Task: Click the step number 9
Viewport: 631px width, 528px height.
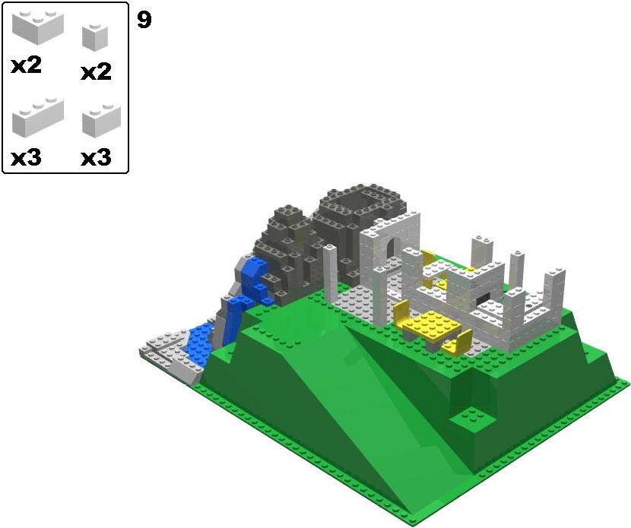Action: (144, 20)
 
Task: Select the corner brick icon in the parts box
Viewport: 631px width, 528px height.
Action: (38, 27)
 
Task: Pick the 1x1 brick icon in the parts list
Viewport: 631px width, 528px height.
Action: (95, 37)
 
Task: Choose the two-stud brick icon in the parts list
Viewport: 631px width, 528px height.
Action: (101, 119)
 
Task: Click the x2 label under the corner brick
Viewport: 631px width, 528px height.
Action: (26, 65)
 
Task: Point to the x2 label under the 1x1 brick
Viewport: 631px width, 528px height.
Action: (97, 72)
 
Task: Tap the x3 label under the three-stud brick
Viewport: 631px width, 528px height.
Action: (26, 158)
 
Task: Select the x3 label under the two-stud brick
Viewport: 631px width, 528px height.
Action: (97, 158)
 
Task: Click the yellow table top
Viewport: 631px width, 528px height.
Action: (432, 325)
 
